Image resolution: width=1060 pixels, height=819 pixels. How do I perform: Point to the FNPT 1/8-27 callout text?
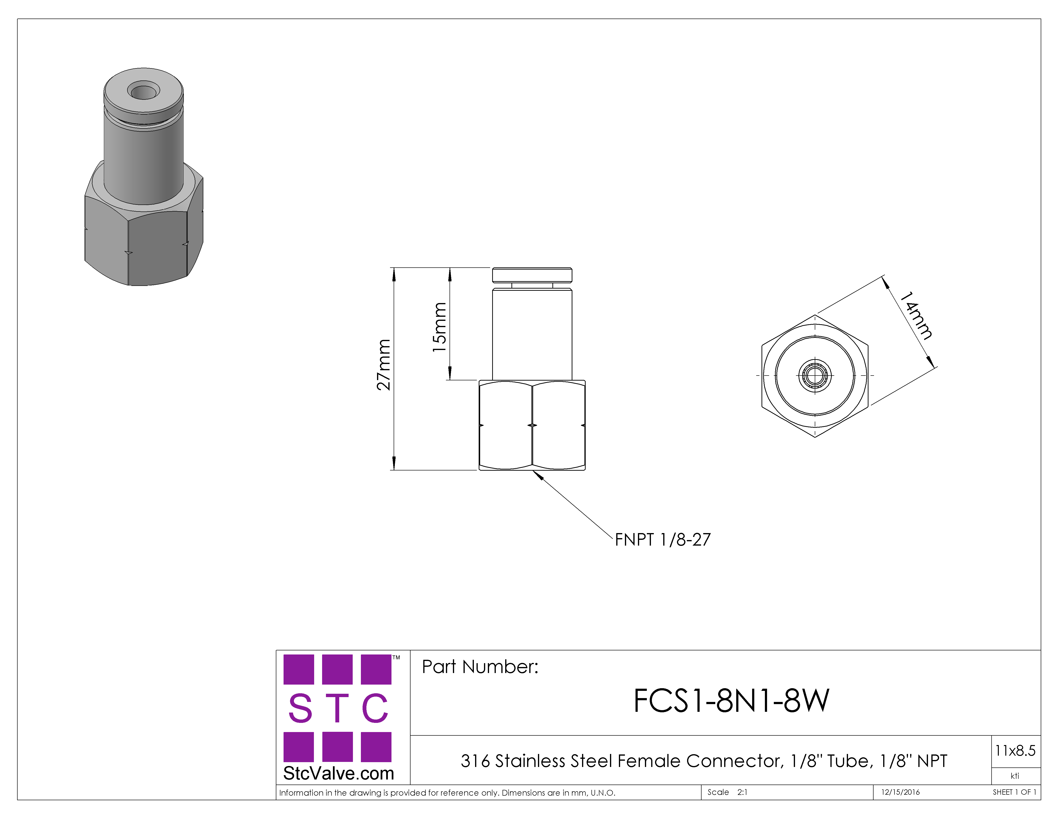pyautogui.click(x=662, y=540)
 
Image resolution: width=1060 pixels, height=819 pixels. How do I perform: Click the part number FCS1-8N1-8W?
pyautogui.click(x=731, y=701)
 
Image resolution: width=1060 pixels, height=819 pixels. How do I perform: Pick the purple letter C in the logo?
pyautogui.click(x=375, y=708)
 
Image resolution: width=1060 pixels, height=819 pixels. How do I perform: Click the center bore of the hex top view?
pyautogui.click(x=815, y=375)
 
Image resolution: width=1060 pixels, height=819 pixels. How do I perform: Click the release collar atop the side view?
pyautogui.click(x=532, y=275)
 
